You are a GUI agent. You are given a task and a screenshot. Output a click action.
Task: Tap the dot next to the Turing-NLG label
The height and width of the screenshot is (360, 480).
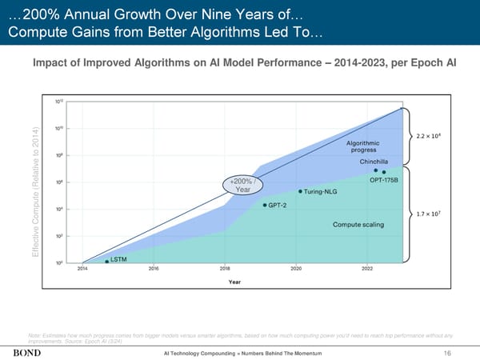coord(300,191)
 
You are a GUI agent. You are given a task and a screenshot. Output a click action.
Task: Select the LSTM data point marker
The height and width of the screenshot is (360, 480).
coord(107,261)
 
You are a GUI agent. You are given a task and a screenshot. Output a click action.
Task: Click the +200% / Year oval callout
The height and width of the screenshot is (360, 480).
coord(242,184)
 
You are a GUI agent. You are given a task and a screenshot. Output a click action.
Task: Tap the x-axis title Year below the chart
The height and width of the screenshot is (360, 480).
coord(236,282)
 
